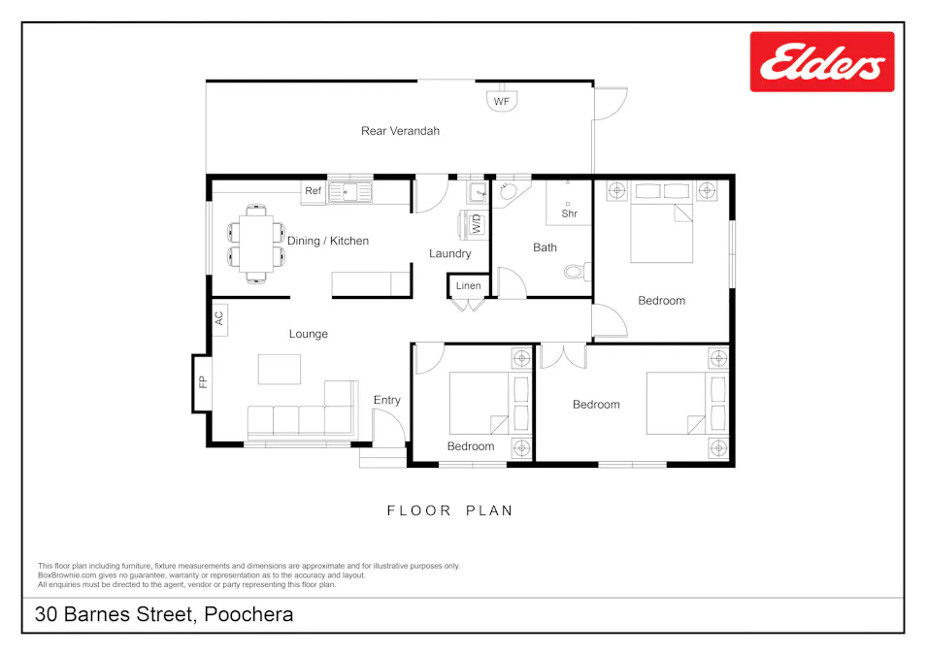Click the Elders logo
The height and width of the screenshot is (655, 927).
click(x=821, y=62)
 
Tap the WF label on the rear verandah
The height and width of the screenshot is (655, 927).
click(x=501, y=101)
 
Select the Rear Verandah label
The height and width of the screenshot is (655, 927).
click(x=400, y=131)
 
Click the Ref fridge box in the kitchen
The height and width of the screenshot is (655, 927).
click(x=313, y=191)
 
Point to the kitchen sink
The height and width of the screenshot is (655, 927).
click(x=350, y=192)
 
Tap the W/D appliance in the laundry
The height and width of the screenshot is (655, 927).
click(x=477, y=224)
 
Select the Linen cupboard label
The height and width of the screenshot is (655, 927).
click(x=468, y=286)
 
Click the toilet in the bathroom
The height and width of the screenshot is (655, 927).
click(x=576, y=271)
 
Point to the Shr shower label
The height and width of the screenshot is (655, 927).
click(x=569, y=213)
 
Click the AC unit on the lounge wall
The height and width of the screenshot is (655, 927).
click(x=219, y=317)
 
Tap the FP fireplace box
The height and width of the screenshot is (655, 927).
click(x=203, y=382)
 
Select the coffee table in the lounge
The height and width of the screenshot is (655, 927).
click(x=280, y=369)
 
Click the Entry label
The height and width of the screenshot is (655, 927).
click(x=386, y=400)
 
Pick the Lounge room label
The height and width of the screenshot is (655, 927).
click(x=309, y=334)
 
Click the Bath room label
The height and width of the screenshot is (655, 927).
click(x=545, y=247)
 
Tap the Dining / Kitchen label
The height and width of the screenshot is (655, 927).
click(x=328, y=241)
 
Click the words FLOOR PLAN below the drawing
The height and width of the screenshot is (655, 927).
click(x=449, y=510)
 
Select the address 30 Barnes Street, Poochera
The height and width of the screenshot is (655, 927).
click(x=164, y=614)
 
